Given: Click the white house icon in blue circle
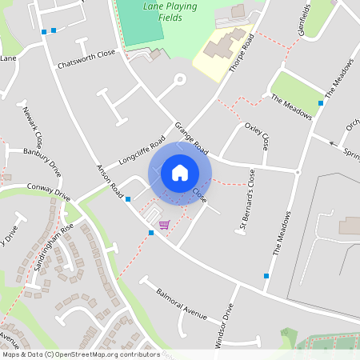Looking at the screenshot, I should (180, 173).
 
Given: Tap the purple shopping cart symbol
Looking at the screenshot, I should (164, 225).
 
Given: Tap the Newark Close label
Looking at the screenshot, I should (35, 124).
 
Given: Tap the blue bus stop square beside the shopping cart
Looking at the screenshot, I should (150, 233).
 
